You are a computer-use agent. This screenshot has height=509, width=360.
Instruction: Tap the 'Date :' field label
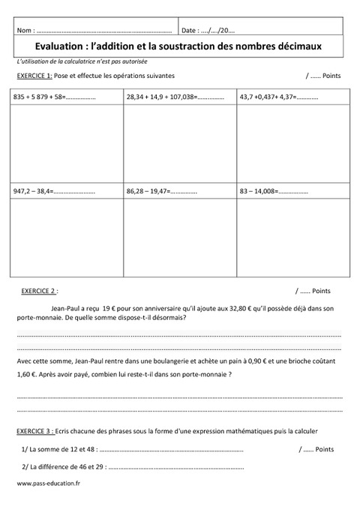pyautogui.click(x=190, y=31)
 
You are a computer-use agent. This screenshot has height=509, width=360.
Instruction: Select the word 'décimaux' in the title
pyautogui.click(x=297, y=46)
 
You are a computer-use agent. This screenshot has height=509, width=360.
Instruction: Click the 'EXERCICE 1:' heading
pyautogui.click(x=34, y=76)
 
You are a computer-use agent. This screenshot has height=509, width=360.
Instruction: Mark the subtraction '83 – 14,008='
pyautogui.click(x=259, y=192)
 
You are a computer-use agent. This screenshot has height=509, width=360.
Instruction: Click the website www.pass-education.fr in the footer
pyautogui.click(x=48, y=484)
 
